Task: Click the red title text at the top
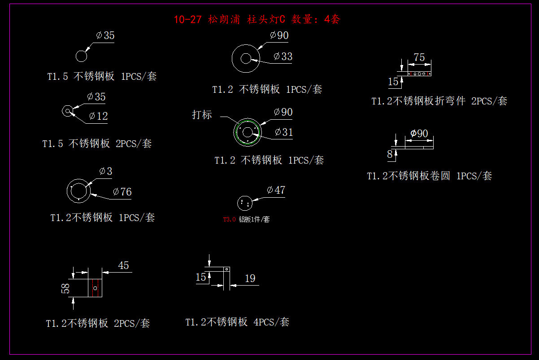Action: tap(257, 19)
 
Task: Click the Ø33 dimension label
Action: tap(283, 56)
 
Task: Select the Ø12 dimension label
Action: tap(98, 116)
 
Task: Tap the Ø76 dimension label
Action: tap(122, 192)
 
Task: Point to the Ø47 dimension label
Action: tap(276, 190)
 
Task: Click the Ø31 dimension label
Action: tap(283, 132)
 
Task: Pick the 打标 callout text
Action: tap(202, 115)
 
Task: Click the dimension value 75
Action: tap(419, 57)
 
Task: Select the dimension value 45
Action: tap(123, 265)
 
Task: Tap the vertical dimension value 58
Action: tap(65, 288)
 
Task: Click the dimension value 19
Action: tap(250, 278)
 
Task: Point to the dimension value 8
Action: tap(390, 154)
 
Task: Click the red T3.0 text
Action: tap(229, 220)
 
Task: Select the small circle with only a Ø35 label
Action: tap(81, 56)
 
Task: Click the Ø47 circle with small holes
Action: tap(244, 203)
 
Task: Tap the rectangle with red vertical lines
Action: tap(95, 287)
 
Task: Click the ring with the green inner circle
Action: tap(247, 131)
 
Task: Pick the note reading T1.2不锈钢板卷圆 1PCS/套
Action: tap(429, 176)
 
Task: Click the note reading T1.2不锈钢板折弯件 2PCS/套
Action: tap(439, 101)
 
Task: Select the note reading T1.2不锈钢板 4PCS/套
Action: tap(237, 322)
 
